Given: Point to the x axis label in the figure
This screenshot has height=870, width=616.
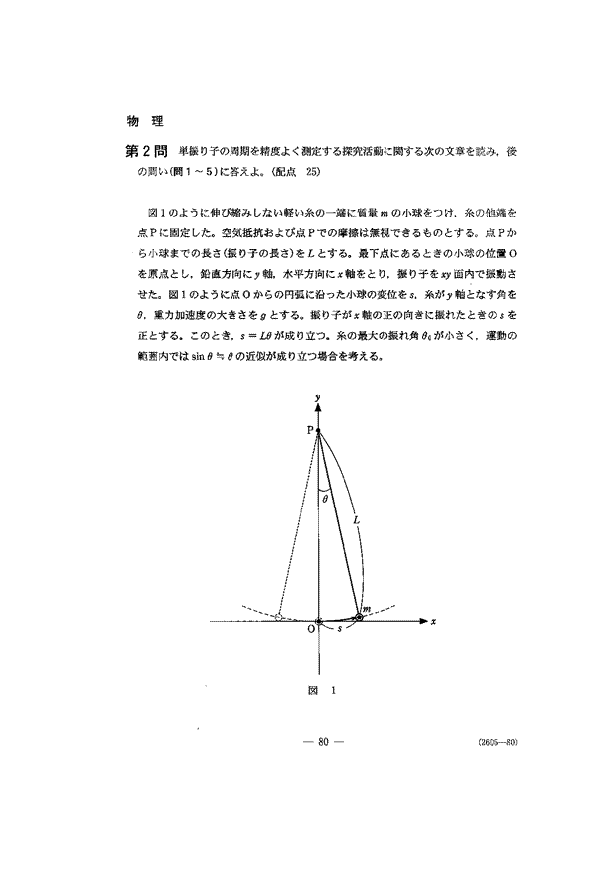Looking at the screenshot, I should [436, 621].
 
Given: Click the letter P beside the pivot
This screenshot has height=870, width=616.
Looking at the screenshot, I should [309, 430].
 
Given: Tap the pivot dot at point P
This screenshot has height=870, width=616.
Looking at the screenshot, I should [318, 431].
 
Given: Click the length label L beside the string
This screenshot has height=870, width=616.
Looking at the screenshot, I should [355, 516].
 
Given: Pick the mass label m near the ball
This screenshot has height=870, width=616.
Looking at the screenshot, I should [366, 607].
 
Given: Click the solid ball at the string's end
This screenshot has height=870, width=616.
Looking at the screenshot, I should [359, 617].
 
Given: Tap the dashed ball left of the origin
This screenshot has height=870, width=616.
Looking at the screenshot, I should [280, 617].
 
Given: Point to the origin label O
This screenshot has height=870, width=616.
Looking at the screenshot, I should [310, 629].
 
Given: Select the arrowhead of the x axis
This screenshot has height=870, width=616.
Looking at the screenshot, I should [425, 621].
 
